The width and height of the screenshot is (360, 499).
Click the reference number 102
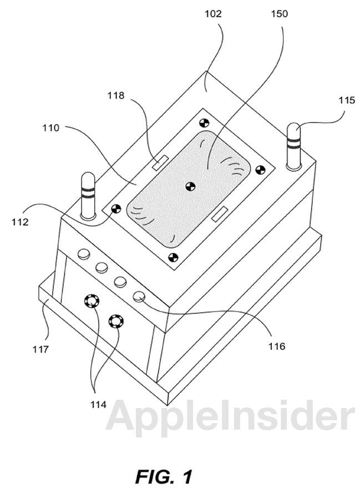(213, 14)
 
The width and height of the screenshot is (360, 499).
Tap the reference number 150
(279, 14)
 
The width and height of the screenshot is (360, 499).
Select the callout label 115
(346, 100)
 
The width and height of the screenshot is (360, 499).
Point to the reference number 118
(115, 95)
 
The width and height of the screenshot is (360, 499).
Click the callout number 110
(51, 128)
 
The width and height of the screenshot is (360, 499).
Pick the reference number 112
(20, 222)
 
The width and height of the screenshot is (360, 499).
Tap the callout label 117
(40, 349)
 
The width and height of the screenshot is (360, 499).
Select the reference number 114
(98, 405)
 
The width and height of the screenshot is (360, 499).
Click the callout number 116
(276, 346)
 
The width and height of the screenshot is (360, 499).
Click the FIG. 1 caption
(164, 477)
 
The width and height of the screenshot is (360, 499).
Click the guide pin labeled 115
(294, 146)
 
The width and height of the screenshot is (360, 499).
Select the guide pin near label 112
(88, 196)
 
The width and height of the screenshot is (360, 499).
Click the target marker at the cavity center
(190, 186)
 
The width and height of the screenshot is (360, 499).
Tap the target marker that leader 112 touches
(116, 209)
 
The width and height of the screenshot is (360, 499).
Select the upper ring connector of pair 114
(92, 301)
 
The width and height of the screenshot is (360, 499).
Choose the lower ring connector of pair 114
(116, 321)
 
